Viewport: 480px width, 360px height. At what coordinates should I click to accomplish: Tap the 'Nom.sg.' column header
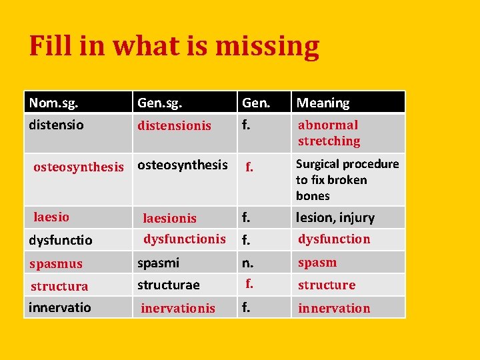53,103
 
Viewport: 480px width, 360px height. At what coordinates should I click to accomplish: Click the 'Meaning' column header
323,103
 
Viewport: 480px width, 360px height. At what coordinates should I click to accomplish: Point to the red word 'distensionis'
174,125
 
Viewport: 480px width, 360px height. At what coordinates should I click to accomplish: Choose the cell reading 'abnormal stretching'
329,133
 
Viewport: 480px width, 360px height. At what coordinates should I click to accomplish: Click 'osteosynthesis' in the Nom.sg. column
79,167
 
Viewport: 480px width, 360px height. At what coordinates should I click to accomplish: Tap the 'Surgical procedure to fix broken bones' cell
347,179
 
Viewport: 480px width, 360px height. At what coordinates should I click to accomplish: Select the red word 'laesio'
51,217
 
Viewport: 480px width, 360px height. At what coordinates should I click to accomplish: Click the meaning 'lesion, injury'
335,217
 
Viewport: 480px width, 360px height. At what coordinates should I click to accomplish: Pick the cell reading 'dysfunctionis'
185,239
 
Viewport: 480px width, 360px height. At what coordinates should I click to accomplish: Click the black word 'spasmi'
158,263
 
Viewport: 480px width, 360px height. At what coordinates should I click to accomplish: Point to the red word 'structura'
59,286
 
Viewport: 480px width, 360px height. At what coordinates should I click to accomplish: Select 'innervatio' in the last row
60,307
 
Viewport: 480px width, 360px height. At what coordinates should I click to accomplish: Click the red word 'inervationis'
178,308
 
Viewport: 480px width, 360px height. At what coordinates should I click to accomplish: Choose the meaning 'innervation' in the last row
334,308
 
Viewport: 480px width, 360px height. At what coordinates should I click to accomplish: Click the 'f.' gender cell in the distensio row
247,125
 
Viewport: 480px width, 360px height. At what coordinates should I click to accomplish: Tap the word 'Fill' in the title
49,47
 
